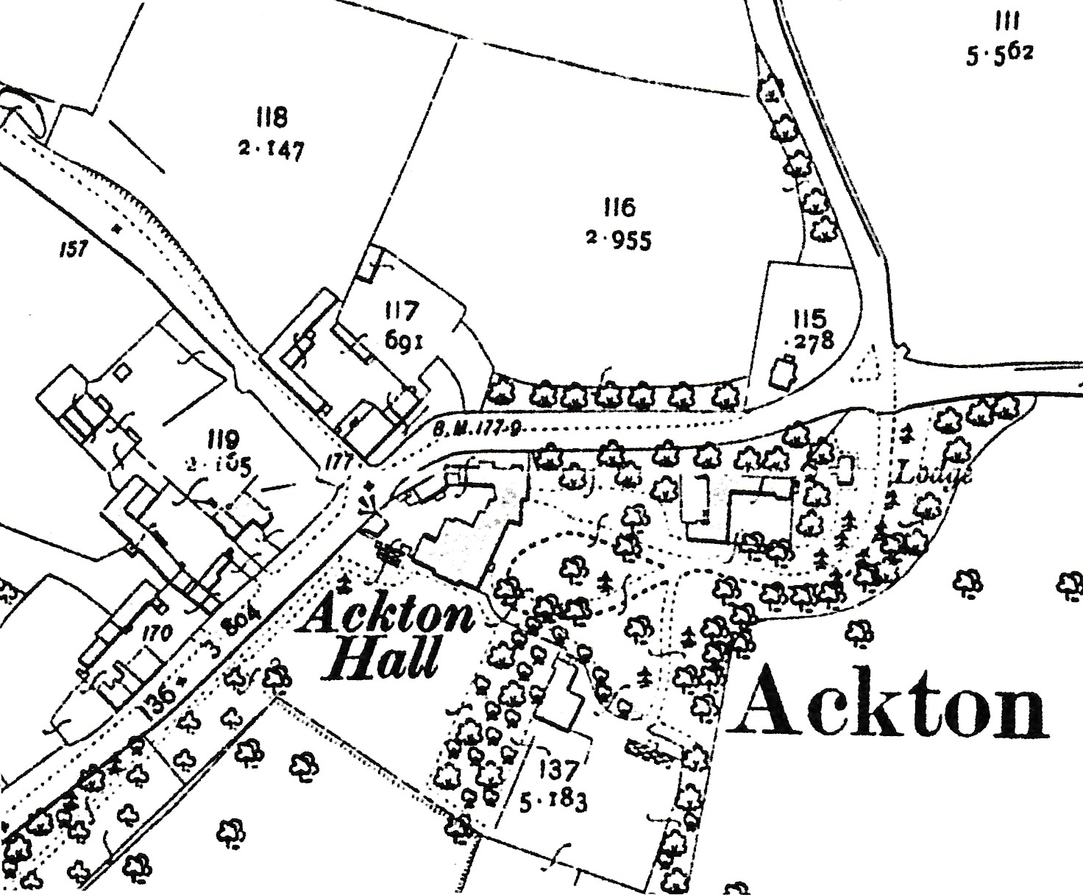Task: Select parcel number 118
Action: tap(271, 117)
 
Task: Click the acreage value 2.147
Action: tap(270, 150)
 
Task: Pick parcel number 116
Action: tap(619, 208)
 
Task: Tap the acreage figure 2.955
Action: tap(619, 240)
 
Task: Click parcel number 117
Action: tap(401, 311)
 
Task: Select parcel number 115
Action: tap(810, 318)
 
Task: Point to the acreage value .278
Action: tap(810, 341)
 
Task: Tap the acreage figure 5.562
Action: tap(1000, 54)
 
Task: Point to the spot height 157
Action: tap(74, 249)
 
